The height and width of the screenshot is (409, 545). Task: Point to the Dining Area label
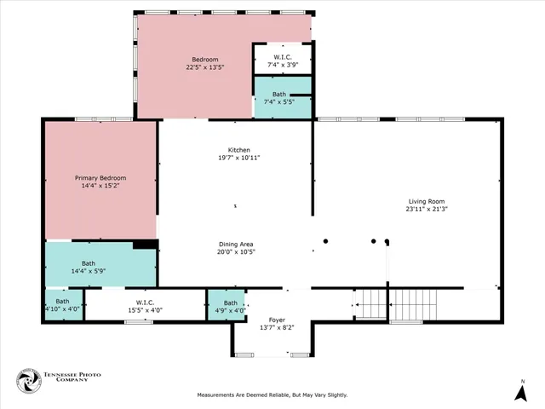pyautogui.click(x=236, y=244)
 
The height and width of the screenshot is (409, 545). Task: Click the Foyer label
pyautogui.click(x=277, y=320)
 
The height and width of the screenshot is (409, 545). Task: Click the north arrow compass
pyautogui.click(x=521, y=391)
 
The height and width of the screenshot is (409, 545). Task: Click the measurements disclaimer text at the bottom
pyautogui.click(x=272, y=395)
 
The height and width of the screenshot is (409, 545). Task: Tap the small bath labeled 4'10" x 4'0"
pyautogui.click(x=62, y=305)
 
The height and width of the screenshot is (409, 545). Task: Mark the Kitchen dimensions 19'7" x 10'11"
pyautogui.click(x=238, y=158)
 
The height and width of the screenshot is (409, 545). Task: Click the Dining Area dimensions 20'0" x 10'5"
pyautogui.click(x=236, y=251)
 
